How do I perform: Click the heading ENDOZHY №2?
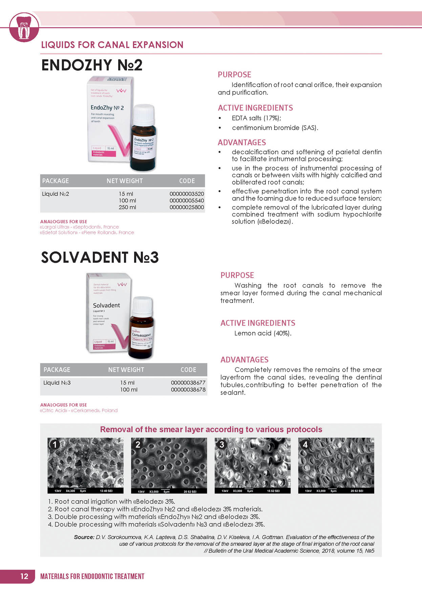[x=92, y=65]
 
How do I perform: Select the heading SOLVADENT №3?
[x=100, y=257]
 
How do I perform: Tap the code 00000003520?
[x=187, y=194]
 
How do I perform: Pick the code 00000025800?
[x=187, y=207]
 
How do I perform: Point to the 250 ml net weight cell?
[x=127, y=207]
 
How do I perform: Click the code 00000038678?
[x=188, y=389]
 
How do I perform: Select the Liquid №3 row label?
[x=57, y=383]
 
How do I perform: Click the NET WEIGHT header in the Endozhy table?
[x=125, y=181]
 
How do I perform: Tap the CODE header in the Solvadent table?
[x=188, y=370]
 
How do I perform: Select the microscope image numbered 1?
[x=85, y=465]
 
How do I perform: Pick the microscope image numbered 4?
[x=336, y=465]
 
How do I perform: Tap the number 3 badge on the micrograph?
[x=221, y=444]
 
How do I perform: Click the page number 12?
[x=24, y=576]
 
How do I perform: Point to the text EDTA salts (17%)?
[x=256, y=118]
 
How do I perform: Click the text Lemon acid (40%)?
[x=263, y=333]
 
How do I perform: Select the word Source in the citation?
[x=84, y=537]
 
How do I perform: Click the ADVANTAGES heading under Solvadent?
[x=244, y=360]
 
